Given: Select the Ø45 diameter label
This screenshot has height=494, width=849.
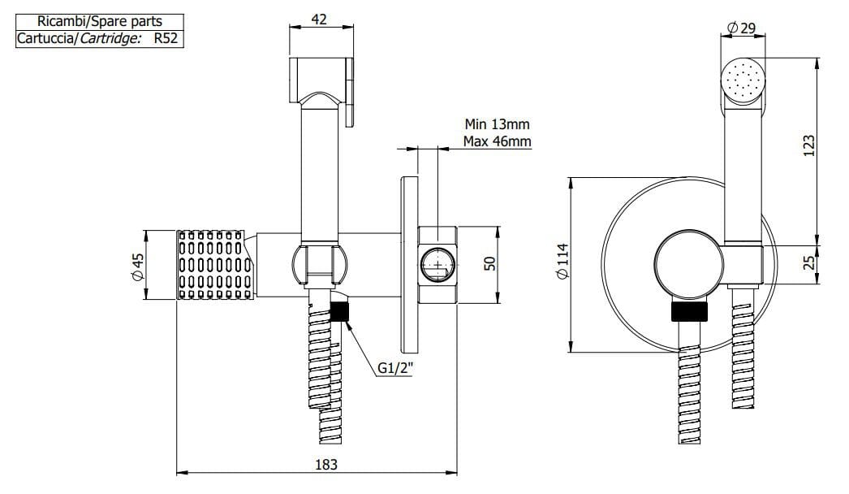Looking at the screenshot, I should tap(138, 266).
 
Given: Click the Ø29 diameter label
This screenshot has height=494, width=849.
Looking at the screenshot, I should tap(742, 28).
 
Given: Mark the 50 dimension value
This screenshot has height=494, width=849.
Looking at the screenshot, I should tap(489, 264).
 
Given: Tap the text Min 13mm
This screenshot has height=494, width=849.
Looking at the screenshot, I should tap(497, 124).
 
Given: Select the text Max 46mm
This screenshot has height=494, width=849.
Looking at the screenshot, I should tap(497, 141).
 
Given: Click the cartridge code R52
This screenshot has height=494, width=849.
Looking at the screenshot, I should tap(166, 38).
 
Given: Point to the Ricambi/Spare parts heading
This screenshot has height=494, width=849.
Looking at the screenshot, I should tap(99, 22).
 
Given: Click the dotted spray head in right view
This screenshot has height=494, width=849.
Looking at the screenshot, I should tap(742, 80).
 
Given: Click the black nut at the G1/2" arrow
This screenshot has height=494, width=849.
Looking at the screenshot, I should tap(340, 312).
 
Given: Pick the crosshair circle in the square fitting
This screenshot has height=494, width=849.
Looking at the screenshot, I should tap(438, 263).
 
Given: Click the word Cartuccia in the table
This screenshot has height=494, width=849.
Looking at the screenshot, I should tap(45, 38).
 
